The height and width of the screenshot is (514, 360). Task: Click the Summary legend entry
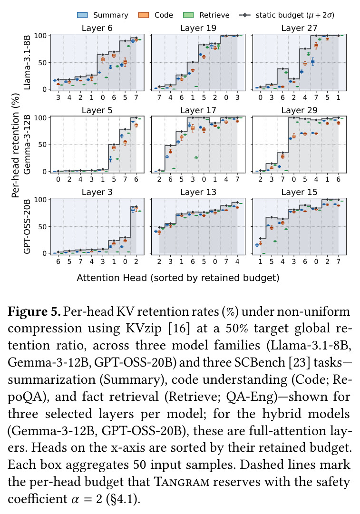pyautogui.click(x=102, y=15)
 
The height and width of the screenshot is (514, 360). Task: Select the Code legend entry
pyautogui.click(x=156, y=15)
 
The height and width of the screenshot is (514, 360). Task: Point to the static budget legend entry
pyautogui.click(x=287, y=15)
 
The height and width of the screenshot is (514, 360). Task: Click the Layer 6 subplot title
pyautogui.click(x=97, y=28)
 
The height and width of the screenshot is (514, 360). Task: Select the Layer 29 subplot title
pyautogui.click(x=299, y=110)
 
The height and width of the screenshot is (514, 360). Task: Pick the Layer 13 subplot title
pyautogui.click(x=198, y=192)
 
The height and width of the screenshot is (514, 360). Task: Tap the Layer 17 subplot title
pyautogui.click(x=198, y=110)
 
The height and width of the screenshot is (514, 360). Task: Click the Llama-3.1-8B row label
pyautogui.click(x=27, y=63)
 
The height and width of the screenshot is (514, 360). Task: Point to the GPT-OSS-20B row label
pyautogui.click(x=27, y=226)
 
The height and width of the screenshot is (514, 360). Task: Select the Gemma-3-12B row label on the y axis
pyautogui.click(x=27, y=145)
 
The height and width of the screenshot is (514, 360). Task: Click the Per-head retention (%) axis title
pyautogui.click(x=15, y=145)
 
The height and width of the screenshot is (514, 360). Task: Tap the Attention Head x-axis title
pyautogui.click(x=178, y=278)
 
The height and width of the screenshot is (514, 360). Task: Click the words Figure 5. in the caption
pyautogui.click(x=34, y=311)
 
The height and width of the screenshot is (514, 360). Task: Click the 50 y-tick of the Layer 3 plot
pyautogui.click(x=43, y=226)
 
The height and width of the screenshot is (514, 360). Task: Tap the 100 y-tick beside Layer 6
pyautogui.click(x=40, y=35)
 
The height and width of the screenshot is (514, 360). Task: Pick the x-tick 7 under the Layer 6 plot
pyautogui.click(x=136, y=97)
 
